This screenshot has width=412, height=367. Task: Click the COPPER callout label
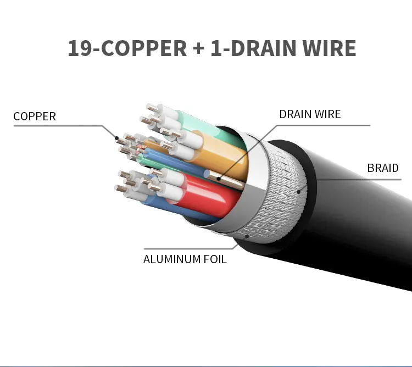[35, 116]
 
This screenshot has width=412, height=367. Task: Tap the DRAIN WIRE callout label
[310, 114]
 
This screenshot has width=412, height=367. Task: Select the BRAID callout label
[383, 168]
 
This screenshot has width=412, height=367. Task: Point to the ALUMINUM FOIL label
[185, 259]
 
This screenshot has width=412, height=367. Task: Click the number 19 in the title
[80, 48]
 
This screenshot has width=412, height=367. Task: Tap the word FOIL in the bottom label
[215, 259]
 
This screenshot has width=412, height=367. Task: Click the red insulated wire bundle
[208, 194]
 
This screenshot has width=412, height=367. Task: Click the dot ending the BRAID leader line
[298, 192]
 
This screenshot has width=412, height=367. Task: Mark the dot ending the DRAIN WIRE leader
[219, 179]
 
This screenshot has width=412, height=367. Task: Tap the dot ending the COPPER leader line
[116, 138]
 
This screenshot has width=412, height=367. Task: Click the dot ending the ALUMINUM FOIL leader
[247, 236]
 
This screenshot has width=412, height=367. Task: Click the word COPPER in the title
[144, 48]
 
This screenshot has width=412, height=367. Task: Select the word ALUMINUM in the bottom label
[172, 259]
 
